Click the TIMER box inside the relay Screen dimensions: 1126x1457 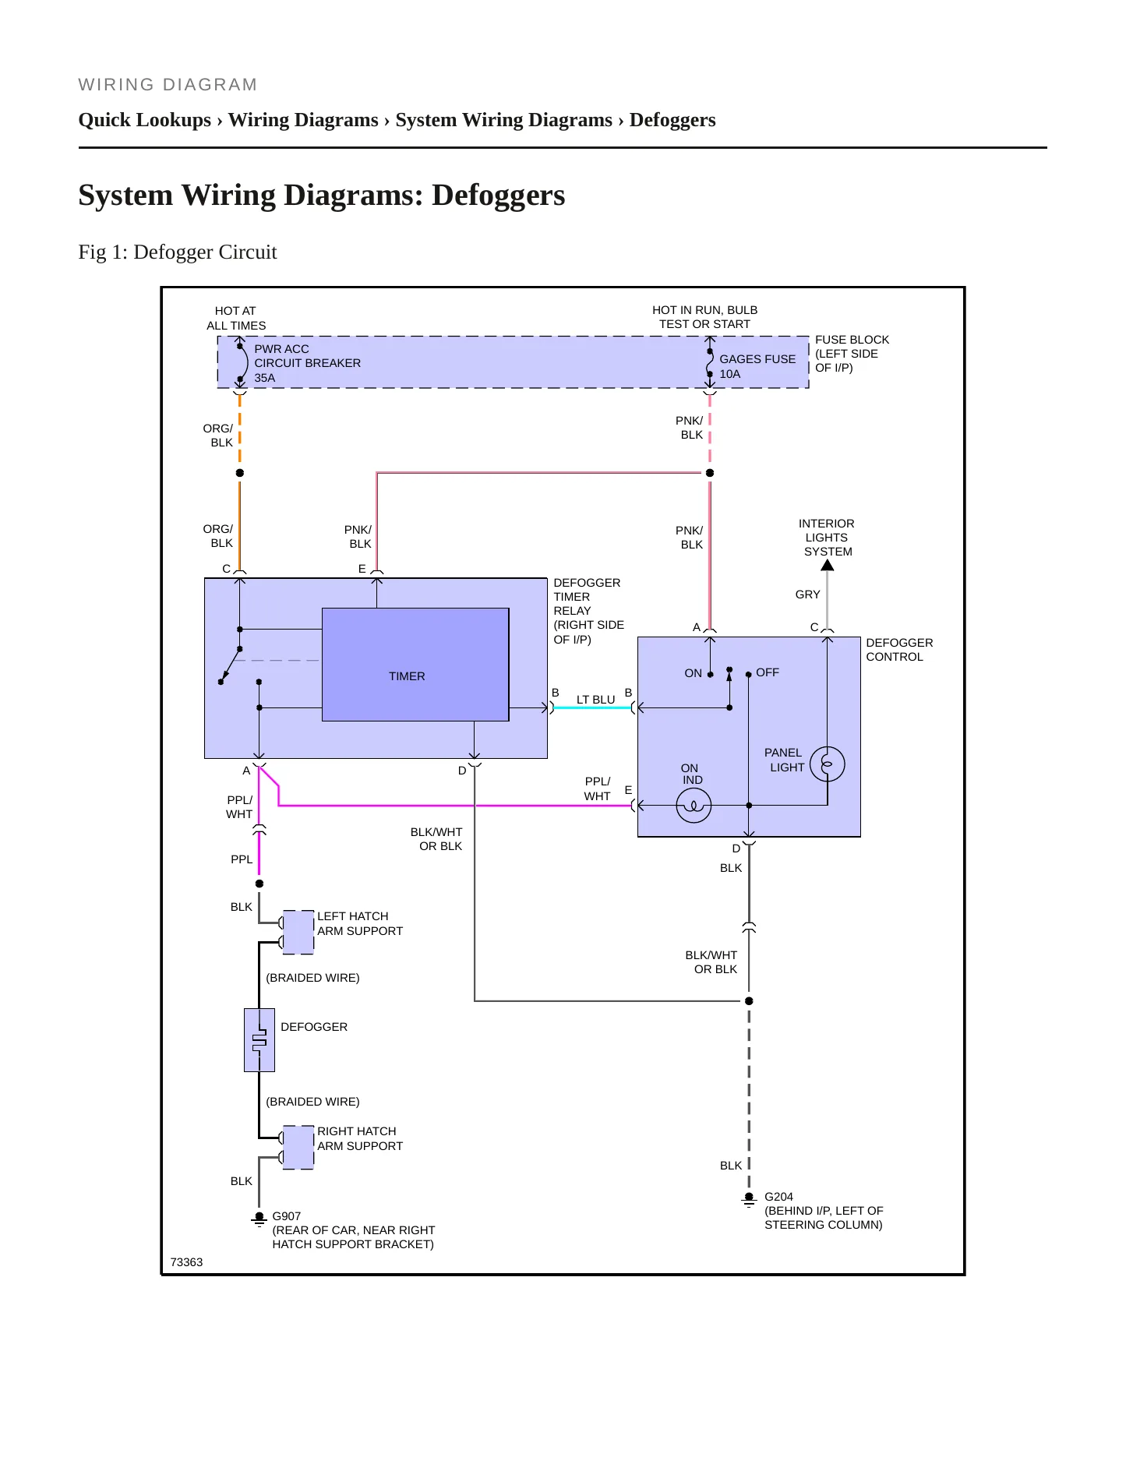tap(415, 665)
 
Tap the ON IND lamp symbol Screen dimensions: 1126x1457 tap(694, 806)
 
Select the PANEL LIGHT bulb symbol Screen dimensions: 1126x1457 tap(828, 764)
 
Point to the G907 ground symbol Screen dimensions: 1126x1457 tap(259, 1219)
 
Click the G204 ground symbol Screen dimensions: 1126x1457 tap(749, 1199)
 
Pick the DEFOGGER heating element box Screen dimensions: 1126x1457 tap(259, 1040)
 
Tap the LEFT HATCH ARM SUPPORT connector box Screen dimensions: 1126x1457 tap(298, 932)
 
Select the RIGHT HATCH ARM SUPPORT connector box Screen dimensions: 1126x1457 tap(298, 1147)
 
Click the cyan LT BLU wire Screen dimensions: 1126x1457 tap(592, 707)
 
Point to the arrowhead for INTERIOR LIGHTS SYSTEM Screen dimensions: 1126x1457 tap(828, 565)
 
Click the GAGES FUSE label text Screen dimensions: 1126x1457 tap(757, 359)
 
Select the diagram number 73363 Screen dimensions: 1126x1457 tap(186, 1262)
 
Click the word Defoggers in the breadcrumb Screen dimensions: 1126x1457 tap(672, 120)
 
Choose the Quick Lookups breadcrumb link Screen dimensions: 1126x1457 tap(145, 120)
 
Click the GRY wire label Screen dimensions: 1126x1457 tap(807, 594)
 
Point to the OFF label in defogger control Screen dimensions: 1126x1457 tap(768, 672)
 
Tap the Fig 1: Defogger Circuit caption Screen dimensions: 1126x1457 tap(178, 252)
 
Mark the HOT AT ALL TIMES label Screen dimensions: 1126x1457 tap(236, 318)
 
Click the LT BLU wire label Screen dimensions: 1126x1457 tap(596, 700)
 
